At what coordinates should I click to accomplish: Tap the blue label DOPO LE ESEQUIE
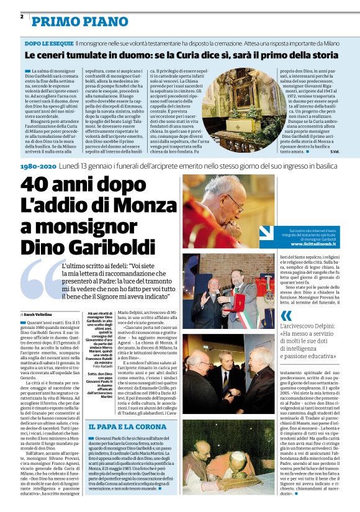(49, 45)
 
